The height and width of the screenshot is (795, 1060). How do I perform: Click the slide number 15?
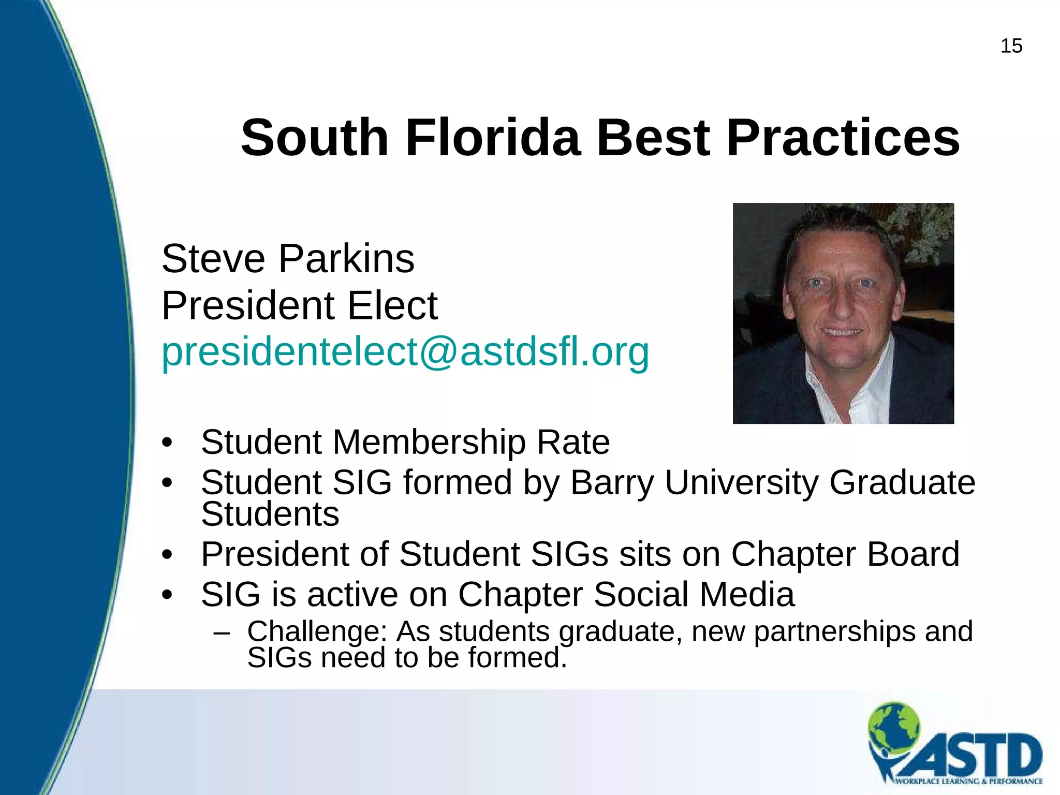[x=1011, y=46]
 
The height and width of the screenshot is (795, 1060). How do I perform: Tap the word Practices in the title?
[x=843, y=138]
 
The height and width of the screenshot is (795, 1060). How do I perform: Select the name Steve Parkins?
[x=288, y=258]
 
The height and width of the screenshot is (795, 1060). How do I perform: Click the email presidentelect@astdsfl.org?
[x=405, y=352]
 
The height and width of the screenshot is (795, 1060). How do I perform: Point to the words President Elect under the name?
[x=300, y=305]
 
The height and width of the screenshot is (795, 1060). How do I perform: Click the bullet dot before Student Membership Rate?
[x=167, y=443]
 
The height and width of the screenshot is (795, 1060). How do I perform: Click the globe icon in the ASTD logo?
[x=894, y=725]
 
